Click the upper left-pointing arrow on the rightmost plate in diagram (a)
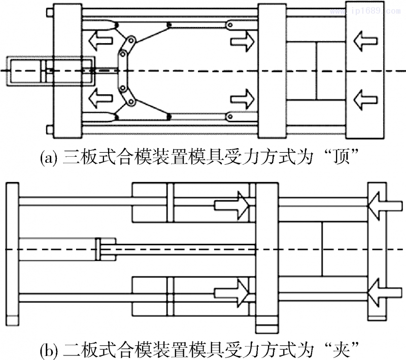365,39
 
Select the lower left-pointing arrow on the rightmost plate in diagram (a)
365,97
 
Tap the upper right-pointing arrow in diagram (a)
242,41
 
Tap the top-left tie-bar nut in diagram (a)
48,11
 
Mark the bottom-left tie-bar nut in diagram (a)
48,130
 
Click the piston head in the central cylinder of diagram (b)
98,248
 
